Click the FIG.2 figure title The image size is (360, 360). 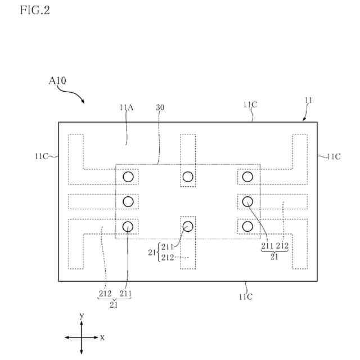coord(34,11)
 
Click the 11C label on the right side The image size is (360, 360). coord(334,156)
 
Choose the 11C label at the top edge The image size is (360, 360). coord(251,105)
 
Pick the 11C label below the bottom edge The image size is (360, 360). coord(245,296)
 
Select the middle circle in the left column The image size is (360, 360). coord(128,201)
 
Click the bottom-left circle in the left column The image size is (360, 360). coord(128,226)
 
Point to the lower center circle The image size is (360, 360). coord(188,226)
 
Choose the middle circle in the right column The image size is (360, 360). coord(247,201)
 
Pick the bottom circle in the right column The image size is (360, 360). coord(247,226)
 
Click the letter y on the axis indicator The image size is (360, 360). coord(82,317)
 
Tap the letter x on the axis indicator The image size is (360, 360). coord(102,337)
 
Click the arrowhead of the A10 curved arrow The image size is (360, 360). coord(83,102)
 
